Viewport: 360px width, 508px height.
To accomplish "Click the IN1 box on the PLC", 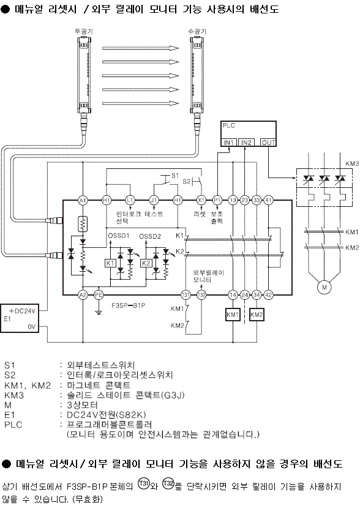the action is (229, 143).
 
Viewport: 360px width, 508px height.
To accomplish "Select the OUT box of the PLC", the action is (268, 143).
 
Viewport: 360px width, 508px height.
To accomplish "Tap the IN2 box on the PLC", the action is (246, 143).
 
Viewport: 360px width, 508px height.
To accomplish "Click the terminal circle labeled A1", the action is (83, 201).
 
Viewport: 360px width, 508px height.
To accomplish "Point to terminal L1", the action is (130, 201).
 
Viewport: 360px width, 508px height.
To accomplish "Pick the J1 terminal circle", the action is (154, 201).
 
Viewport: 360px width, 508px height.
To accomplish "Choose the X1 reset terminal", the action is (201, 201).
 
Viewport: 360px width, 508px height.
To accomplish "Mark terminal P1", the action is (217, 201).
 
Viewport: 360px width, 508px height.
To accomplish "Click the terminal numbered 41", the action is (268, 201).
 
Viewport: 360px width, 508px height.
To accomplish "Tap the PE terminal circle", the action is (99, 295).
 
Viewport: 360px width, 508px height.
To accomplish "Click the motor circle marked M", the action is (324, 287).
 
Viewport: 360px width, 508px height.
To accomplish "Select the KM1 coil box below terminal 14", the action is (233, 315).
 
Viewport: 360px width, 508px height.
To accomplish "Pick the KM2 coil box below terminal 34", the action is (257, 315).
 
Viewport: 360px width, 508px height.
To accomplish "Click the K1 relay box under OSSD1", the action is (110, 263).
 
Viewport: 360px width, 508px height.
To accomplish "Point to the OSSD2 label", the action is (150, 236).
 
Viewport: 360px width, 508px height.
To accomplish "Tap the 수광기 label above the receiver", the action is (197, 31).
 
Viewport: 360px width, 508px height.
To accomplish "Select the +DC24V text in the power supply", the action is (23, 311).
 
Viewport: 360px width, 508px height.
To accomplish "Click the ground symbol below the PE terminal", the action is (99, 312).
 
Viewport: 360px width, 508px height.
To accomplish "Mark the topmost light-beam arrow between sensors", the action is (141, 48).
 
